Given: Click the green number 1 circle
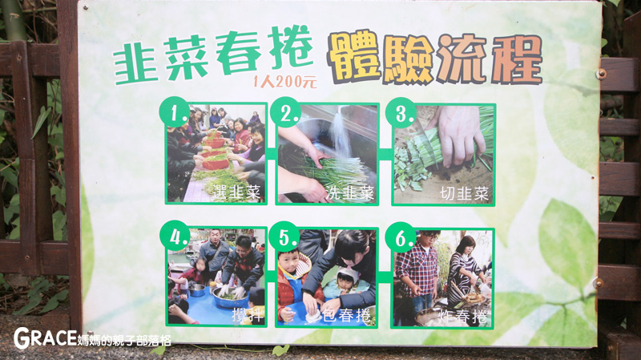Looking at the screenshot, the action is pos(175,111).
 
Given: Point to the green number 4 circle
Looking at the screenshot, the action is pos(175,235).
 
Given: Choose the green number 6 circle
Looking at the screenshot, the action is pos(401,237).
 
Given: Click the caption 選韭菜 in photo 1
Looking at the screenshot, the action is pos(236,192).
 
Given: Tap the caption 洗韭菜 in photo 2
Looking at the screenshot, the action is pos(350,193).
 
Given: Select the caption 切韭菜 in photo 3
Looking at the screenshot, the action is pos(465,193).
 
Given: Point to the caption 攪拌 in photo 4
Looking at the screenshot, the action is pos(248,315).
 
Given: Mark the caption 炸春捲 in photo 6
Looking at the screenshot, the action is pos(464,317).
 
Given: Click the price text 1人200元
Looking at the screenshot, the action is pos(285,82).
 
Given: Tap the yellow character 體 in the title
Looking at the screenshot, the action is pos(354,57).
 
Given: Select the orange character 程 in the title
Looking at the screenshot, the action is pos(517,59).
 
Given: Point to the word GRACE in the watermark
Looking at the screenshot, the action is pos(45,338).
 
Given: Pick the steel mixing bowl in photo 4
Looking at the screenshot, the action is pos(229,298).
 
